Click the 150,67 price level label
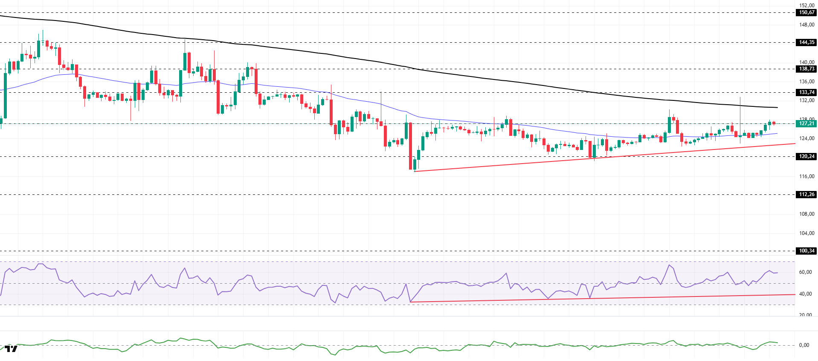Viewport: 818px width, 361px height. coord(806,12)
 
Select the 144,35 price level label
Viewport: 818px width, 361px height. coord(806,42)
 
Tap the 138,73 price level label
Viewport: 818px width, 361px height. coord(806,69)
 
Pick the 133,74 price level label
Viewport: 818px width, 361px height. coord(806,92)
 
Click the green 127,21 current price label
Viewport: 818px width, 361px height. coord(806,123)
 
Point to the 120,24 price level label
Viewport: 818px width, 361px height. coord(806,156)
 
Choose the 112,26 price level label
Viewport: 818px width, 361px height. coord(806,194)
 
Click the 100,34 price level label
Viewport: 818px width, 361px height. coord(806,251)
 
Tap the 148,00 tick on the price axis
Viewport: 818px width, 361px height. coord(806,25)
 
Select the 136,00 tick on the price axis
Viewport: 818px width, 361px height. coord(806,82)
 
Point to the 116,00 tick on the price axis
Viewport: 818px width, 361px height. coord(806,176)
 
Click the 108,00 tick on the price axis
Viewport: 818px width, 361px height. coord(806,214)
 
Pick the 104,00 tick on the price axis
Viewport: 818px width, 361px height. coord(806,233)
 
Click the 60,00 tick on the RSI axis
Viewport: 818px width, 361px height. coord(805,272)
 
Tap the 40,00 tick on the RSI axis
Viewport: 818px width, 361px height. coord(805,294)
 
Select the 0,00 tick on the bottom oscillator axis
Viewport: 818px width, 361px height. coord(804,345)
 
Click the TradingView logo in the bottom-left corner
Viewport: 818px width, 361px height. coord(11,349)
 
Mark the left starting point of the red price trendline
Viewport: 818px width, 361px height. coord(415,171)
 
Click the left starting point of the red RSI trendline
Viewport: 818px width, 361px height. coord(410,302)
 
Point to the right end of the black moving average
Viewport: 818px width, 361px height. coord(777,107)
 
